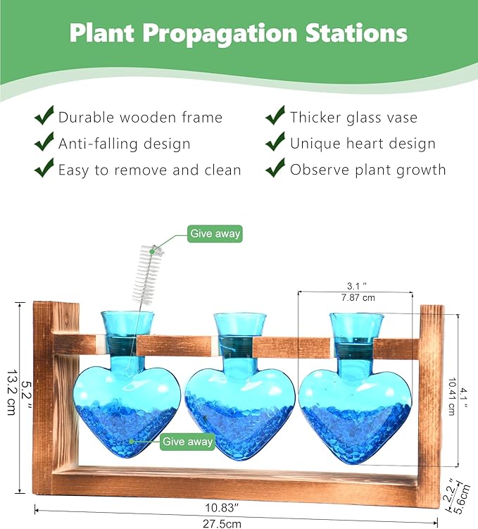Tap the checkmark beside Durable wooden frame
[x=44, y=116]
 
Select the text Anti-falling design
[x=125, y=144]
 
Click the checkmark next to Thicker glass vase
[x=275, y=116]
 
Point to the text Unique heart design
[x=363, y=144]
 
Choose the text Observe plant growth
[x=367, y=170]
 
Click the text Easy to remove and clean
[x=149, y=170]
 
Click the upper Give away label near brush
[x=215, y=234]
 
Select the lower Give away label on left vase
[x=187, y=442]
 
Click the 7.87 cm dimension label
[x=358, y=298]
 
